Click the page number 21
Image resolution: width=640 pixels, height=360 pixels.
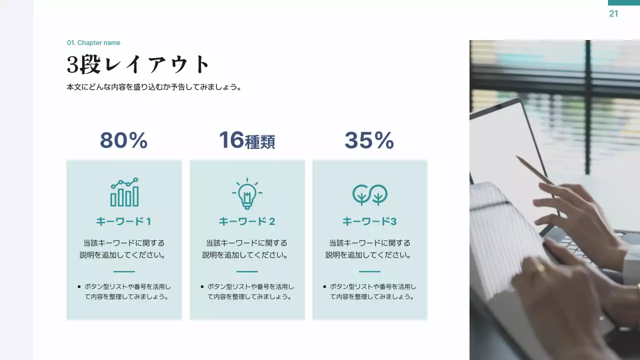click(x=613, y=14)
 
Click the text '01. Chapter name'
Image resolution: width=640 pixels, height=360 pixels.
click(x=93, y=43)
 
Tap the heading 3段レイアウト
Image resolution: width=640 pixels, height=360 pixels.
click(x=138, y=64)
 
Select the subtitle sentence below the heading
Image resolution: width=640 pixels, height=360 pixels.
click(x=154, y=87)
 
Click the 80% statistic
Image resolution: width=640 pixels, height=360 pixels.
click(x=123, y=140)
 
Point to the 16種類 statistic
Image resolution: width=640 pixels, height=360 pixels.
click(x=247, y=140)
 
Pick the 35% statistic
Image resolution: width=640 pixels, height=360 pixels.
click(x=369, y=140)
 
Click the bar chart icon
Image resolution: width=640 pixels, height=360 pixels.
click(x=124, y=192)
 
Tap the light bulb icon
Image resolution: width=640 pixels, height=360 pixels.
click(x=247, y=193)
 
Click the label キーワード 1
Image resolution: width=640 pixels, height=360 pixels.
click(x=123, y=221)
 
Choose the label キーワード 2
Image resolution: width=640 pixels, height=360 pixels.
click(x=247, y=221)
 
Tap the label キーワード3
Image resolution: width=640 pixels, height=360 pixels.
click(x=369, y=221)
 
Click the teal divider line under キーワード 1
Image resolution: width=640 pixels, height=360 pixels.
click(x=124, y=271)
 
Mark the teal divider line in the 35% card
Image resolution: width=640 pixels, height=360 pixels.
click(x=370, y=271)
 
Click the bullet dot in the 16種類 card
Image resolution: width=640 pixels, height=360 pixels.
click(x=202, y=287)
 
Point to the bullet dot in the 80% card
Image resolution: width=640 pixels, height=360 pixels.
click(x=79, y=287)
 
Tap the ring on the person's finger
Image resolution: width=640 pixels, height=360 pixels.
click(x=540, y=268)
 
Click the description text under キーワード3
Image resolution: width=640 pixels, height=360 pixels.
click(x=369, y=249)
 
